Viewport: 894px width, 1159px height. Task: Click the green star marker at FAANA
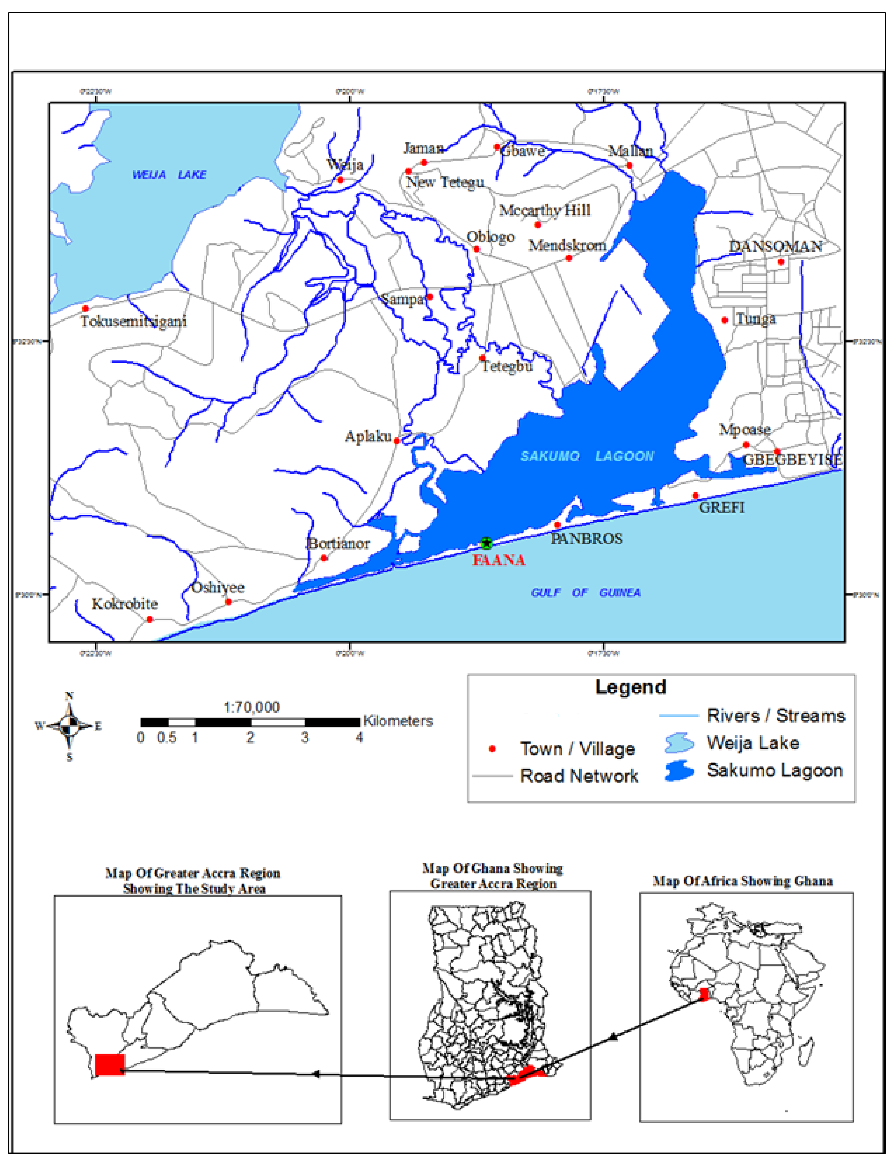point(486,543)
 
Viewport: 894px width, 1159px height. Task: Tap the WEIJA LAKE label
point(169,174)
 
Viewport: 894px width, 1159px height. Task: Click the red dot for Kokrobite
point(150,619)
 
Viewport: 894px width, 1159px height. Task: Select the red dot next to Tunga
point(724,320)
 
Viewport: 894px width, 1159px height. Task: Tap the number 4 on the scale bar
point(359,738)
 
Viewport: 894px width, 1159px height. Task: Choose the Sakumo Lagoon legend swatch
point(679,770)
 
